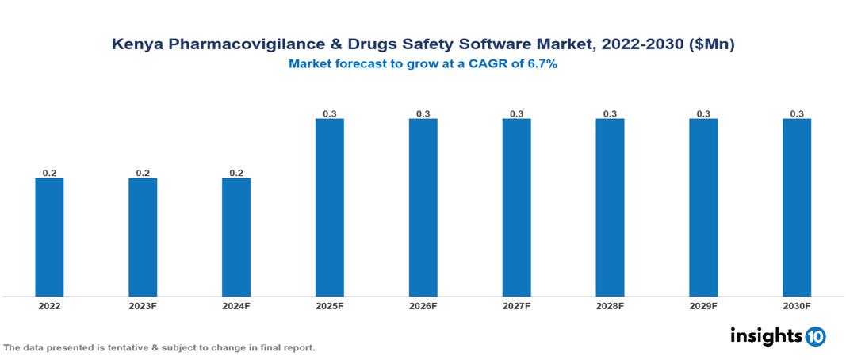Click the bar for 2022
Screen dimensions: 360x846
pyautogui.click(x=49, y=237)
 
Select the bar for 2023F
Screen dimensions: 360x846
pyautogui.click(x=143, y=237)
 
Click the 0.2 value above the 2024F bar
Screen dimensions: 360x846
pyautogui.click(x=236, y=173)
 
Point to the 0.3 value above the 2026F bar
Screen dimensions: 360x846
pyautogui.click(x=423, y=114)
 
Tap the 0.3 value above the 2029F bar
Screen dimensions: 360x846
pyautogui.click(x=703, y=114)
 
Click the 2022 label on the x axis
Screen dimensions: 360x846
pyautogui.click(x=49, y=306)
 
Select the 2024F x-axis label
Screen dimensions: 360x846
pyautogui.click(x=236, y=306)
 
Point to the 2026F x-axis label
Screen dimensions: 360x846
pyautogui.click(x=423, y=306)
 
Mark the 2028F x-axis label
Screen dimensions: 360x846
pyautogui.click(x=610, y=306)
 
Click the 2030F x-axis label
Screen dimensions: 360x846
pyautogui.click(x=797, y=306)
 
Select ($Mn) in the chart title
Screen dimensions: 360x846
pyautogui.click(x=711, y=45)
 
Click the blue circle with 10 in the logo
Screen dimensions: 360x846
pyautogui.click(x=816, y=336)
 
